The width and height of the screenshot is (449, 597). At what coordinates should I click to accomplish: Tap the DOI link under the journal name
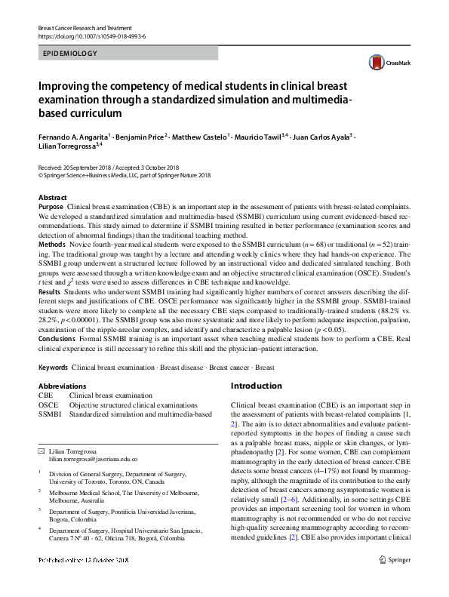[91, 35]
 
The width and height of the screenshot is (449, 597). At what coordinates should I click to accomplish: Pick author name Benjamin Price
[142, 137]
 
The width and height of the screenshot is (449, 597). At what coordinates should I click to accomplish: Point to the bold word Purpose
[51, 206]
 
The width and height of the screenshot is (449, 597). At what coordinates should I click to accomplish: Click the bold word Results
[49, 312]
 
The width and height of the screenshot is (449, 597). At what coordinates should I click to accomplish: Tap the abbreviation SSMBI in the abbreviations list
[50, 414]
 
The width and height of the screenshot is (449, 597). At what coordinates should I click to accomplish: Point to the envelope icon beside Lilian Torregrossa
[42, 450]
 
